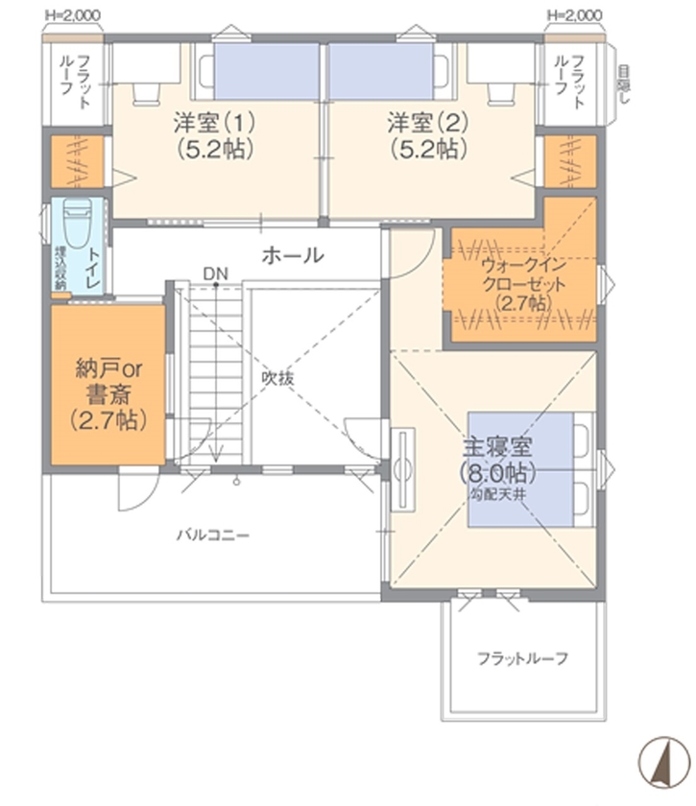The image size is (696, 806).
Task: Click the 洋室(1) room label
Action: (x=214, y=135)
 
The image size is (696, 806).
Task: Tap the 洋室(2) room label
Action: (x=428, y=135)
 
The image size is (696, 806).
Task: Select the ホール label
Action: (x=292, y=256)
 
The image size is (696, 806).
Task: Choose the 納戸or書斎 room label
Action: (x=108, y=393)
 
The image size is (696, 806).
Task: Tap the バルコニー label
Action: (x=212, y=534)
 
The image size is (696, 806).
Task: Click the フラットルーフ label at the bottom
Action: (x=523, y=659)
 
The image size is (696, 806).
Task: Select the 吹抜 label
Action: (x=278, y=378)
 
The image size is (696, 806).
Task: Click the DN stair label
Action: (x=215, y=273)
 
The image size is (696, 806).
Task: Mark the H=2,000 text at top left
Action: (x=73, y=15)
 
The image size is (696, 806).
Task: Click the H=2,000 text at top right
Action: (x=574, y=15)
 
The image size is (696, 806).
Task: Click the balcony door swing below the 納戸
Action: (x=132, y=493)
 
